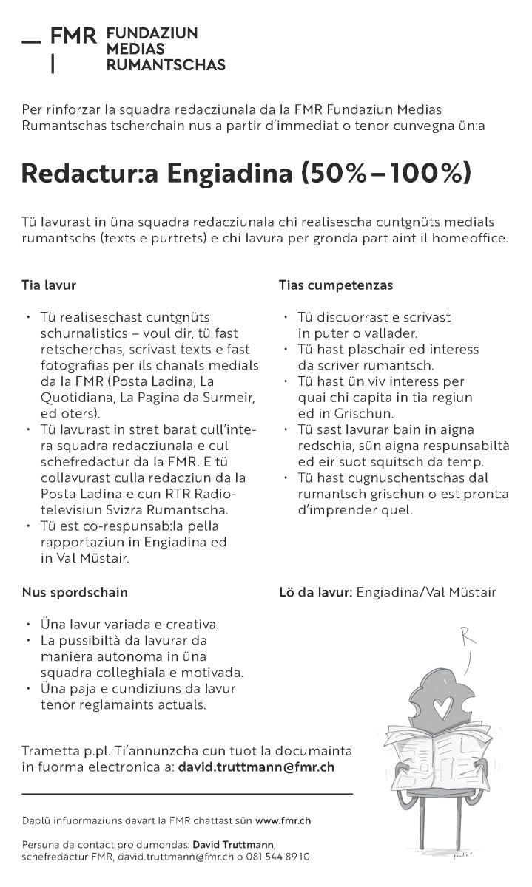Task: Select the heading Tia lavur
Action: pyautogui.click(x=49, y=285)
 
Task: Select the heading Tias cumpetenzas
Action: pyautogui.click(x=336, y=285)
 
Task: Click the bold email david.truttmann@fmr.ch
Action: pyautogui.click(x=256, y=767)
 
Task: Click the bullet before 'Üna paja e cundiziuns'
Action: pyautogui.click(x=27, y=689)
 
